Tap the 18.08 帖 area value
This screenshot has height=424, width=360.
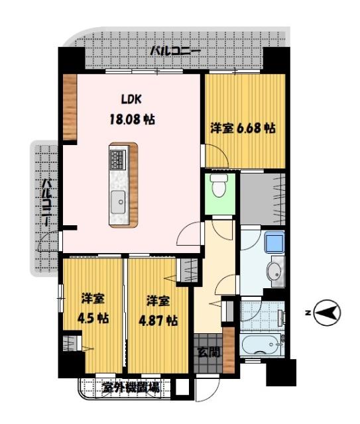(131, 121)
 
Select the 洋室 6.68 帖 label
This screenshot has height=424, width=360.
(243, 128)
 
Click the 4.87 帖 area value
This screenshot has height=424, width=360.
(158, 320)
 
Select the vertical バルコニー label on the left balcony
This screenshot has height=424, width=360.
(47, 203)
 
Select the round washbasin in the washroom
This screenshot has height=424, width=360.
(275, 270)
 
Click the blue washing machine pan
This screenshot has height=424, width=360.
(274, 243)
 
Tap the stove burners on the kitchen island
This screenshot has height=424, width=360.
(118, 159)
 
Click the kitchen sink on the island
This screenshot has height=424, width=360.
(119, 198)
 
